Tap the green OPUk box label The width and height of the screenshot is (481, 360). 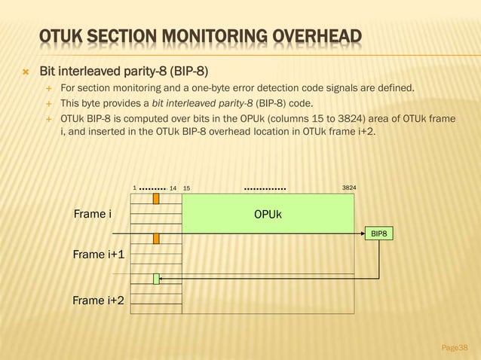coord(268,215)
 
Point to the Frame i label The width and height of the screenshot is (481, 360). coord(92,215)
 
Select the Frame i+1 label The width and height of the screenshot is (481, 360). coord(98,255)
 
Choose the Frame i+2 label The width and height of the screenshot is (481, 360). coord(98,301)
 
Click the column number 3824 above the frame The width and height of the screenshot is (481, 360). coord(349,187)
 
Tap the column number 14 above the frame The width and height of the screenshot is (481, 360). coord(173,187)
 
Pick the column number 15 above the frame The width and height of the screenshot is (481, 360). coord(187,187)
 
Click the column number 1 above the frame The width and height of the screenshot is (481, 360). coord(134,187)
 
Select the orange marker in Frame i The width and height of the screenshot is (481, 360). coord(156,199)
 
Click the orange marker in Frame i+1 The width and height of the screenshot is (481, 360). coord(156,239)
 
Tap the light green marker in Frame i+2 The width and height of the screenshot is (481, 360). coord(156,279)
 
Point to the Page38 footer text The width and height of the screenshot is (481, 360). coord(454,347)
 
